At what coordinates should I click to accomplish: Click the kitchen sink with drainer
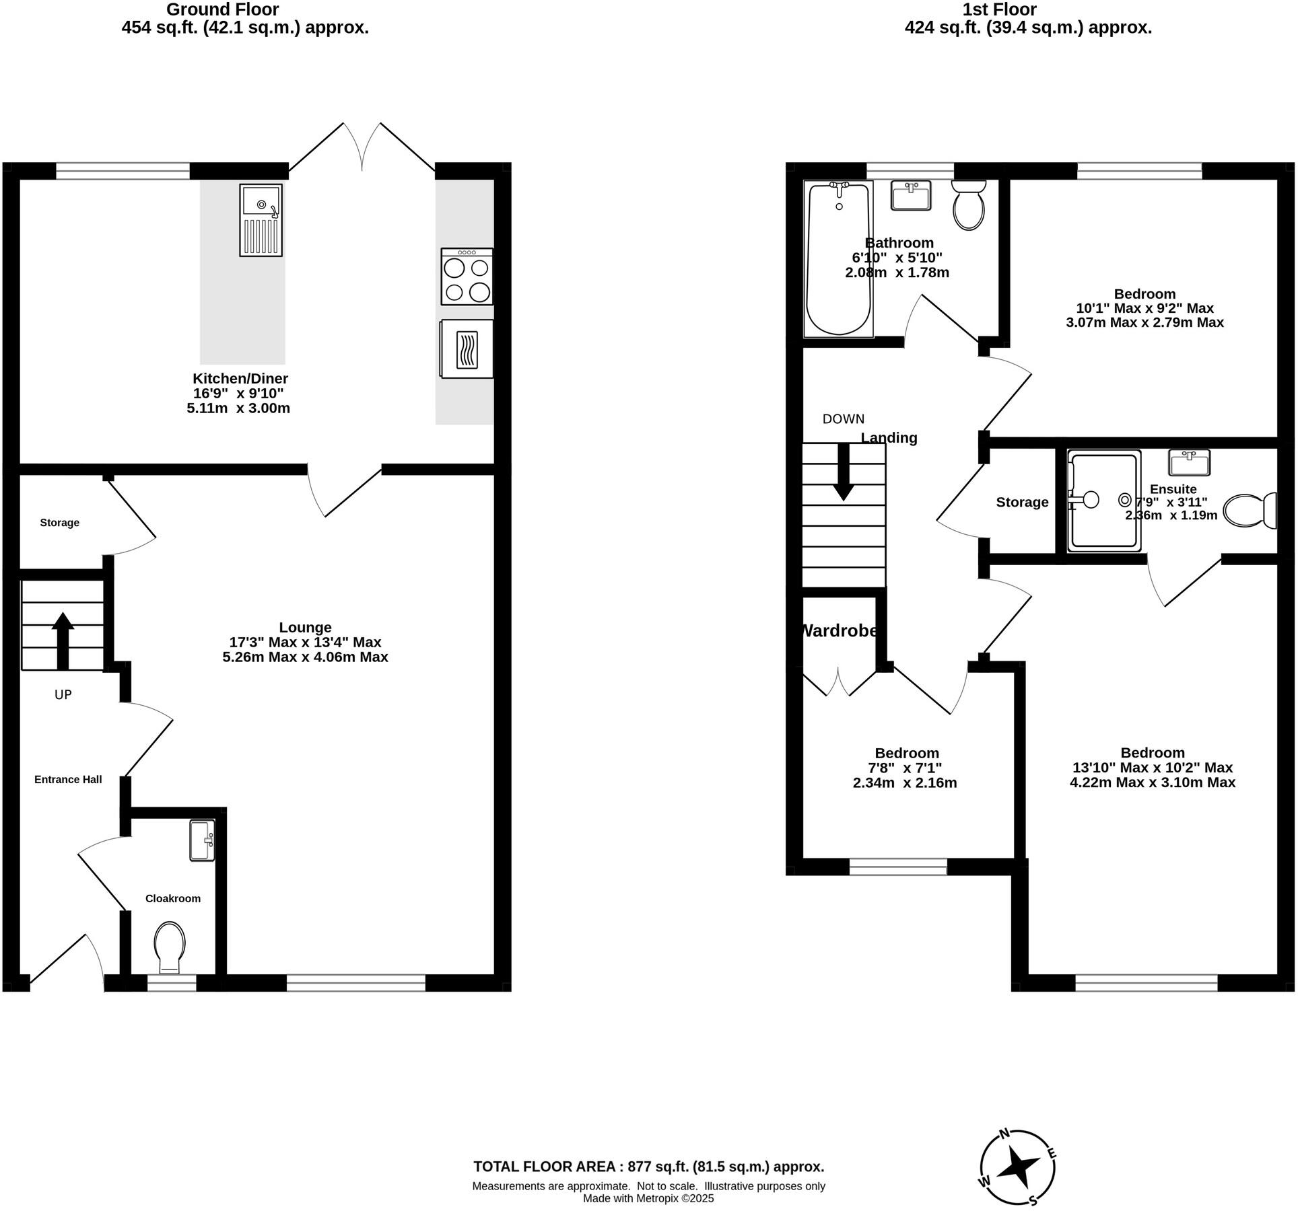pyautogui.click(x=261, y=220)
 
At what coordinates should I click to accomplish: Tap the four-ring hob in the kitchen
pyautogui.click(x=467, y=277)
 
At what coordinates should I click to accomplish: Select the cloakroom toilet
pyautogui.click(x=170, y=946)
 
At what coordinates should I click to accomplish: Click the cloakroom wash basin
pyautogui.click(x=202, y=840)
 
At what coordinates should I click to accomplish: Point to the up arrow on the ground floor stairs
pyautogui.click(x=63, y=640)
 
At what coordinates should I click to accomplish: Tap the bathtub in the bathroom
pyautogui.click(x=839, y=259)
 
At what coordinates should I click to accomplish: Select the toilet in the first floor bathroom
pyautogui.click(x=969, y=205)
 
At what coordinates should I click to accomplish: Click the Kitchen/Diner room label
pyautogui.click(x=240, y=379)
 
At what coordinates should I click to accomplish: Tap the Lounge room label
pyautogui.click(x=305, y=628)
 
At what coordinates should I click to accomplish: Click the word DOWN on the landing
pyautogui.click(x=843, y=418)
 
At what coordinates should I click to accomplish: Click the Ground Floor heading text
pyautogui.click(x=222, y=9)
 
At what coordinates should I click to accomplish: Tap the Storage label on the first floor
pyautogui.click(x=1021, y=502)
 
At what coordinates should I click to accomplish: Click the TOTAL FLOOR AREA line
pyautogui.click(x=648, y=1167)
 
